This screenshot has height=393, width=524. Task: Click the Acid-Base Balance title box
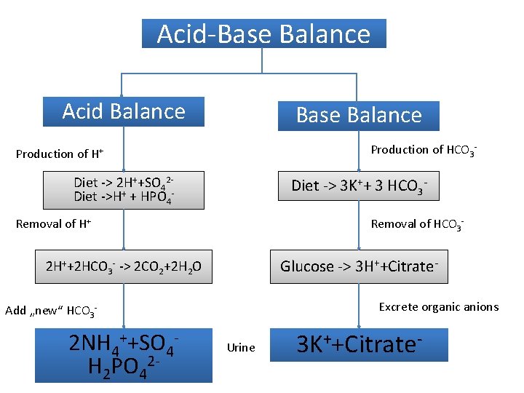(263, 33)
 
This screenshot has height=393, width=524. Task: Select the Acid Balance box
(124, 111)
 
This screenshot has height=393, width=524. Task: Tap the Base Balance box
(359, 115)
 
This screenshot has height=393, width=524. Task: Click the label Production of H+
(60, 154)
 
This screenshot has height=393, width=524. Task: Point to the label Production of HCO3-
(424, 150)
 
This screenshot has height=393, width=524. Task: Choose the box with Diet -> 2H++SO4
(124, 189)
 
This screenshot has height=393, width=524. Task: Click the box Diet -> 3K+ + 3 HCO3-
(359, 186)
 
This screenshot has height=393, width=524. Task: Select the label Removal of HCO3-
(417, 224)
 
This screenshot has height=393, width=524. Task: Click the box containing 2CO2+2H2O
(124, 267)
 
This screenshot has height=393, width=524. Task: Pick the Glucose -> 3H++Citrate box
(359, 266)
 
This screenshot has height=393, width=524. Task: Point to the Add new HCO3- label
(51, 311)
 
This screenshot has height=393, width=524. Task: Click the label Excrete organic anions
(439, 307)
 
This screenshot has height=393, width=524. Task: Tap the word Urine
(241, 348)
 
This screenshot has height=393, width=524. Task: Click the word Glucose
(306, 266)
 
